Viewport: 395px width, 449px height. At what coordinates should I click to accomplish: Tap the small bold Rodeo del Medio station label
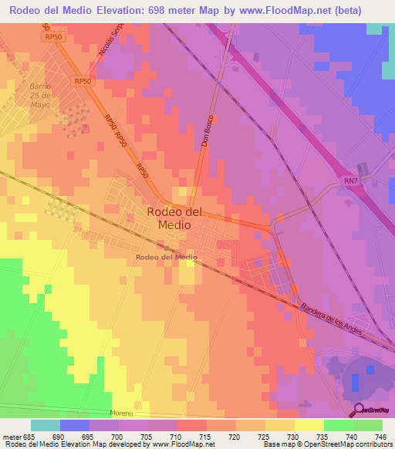pos(166,257)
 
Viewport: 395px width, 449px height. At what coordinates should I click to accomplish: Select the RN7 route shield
pos(351,181)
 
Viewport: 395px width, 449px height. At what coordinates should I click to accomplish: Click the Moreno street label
pos(121,413)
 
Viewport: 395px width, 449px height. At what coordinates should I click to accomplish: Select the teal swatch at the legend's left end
pos(46,425)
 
